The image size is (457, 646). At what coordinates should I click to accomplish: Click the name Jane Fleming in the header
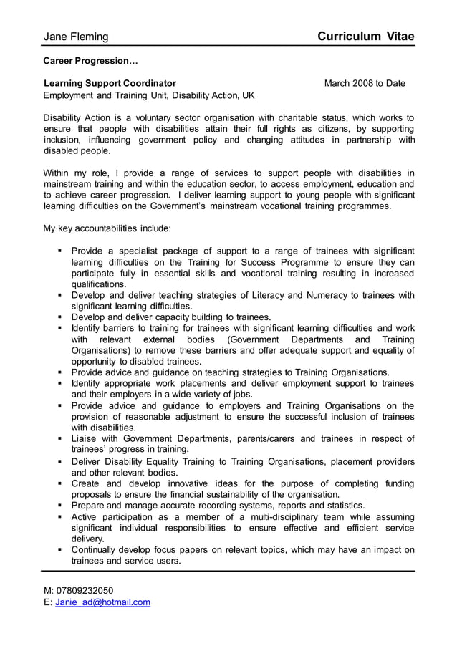pyautogui.click(x=77, y=37)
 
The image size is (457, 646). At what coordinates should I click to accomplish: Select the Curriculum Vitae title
pyautogui.click(x=366, y=37)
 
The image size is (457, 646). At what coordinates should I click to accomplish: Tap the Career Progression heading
pyautogui.click(x=85, y=61)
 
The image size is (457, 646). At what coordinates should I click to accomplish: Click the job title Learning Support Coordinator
pyautogui.click(x=110, y=83)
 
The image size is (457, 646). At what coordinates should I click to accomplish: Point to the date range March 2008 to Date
pyautogui.click(x=365, y=83)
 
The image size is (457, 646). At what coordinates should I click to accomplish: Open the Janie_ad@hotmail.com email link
pyautogui.click(x=102, y=602)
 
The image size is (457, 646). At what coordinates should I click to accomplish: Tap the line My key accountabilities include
pyautogui.click(x=107, y=228)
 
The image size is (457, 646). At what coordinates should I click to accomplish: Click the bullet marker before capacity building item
pyautogui.click(x=59, y=317)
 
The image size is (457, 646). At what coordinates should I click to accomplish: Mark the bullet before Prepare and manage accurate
pyautogui.click(x=59, y=506)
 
